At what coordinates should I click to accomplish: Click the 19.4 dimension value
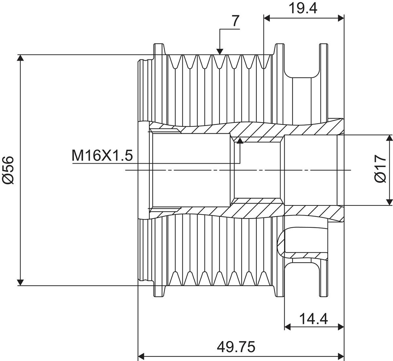pos(303,8)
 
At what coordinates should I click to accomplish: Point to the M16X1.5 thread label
pos(102,156)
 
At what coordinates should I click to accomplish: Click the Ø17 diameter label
pos(380,169)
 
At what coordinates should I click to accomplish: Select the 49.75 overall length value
pos(236,347)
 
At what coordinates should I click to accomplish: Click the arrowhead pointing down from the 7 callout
pos(220,51)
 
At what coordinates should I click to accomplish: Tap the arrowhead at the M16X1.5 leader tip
pos(240,141)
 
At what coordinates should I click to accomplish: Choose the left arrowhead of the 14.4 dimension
pos(288,327)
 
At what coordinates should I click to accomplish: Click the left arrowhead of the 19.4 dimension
pos(267,18)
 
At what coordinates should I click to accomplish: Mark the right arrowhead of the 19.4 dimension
pos(341,18)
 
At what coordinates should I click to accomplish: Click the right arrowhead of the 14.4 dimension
pos(341,327)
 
